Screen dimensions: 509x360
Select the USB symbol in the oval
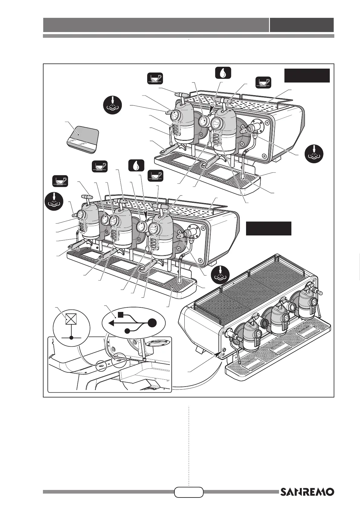click(134, 323)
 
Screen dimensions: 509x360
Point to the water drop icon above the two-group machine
click(223, 73)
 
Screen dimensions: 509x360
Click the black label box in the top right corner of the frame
click(307, 76)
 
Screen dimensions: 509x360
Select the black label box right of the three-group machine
click(268, 229)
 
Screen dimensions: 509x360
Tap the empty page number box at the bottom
click(189, 492)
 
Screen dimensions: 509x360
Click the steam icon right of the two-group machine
click(314, 154)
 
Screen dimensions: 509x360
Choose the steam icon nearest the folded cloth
click(112, 105)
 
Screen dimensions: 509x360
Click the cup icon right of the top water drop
click(263, 82)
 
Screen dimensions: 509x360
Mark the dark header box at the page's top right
click(302, 25)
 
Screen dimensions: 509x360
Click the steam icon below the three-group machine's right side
click(220, 274)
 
